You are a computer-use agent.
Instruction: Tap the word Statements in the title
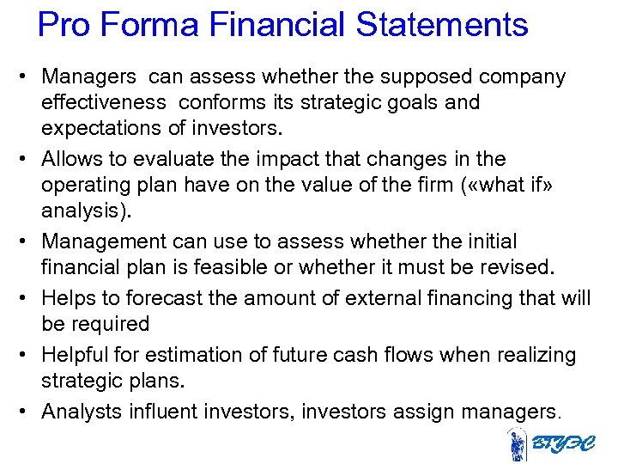click(442, 25)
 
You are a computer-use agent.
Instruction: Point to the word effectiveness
click(104, 102)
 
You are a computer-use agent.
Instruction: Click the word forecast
click(161, 298)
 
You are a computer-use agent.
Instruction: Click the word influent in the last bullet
click(163, 412)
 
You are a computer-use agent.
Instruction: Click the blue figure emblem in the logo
click(517, 445)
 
